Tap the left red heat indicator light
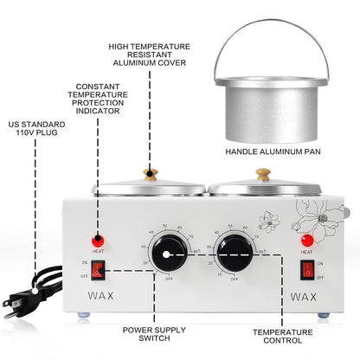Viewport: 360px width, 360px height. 98,238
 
